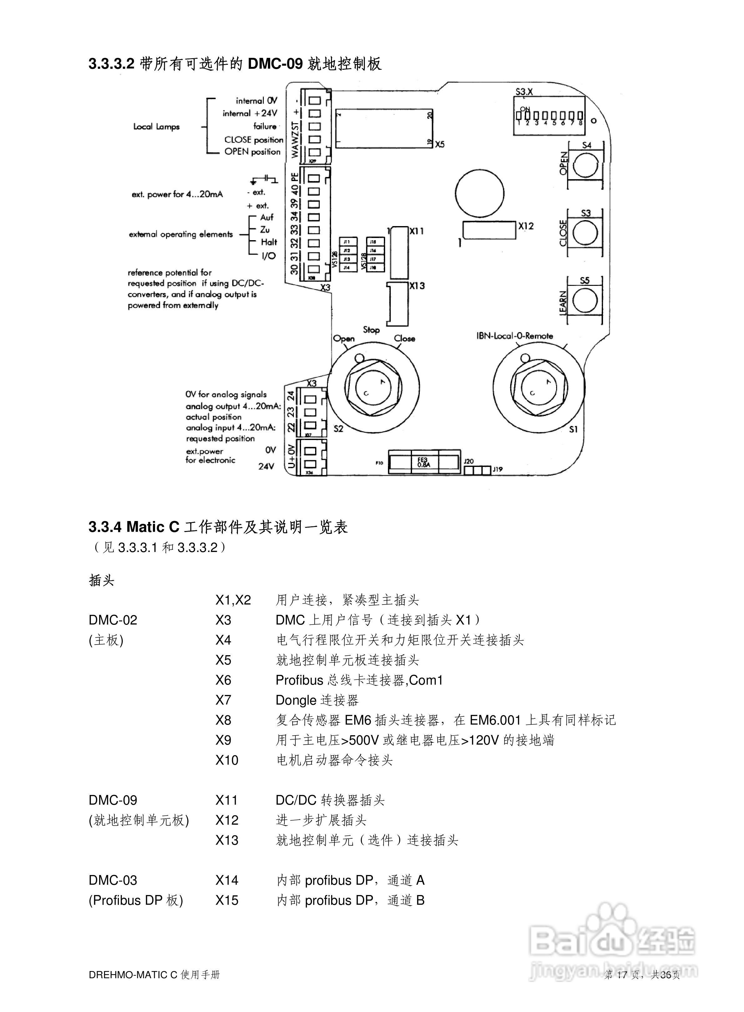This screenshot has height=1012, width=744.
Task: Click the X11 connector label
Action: tap(417, 231)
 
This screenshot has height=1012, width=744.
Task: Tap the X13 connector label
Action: tap(417, 286)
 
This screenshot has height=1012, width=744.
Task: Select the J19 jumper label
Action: tap(497, 469)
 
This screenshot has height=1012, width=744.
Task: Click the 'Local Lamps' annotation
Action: tap(156, 127)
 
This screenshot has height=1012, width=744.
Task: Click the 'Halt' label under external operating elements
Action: tap(269, 242)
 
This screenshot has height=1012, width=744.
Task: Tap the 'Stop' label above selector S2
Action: tap(371, 330)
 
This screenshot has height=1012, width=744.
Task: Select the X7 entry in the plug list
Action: tap(224, 700)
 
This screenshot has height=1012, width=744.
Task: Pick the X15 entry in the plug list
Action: tap(227, 900)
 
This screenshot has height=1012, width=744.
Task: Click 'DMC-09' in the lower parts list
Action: tap(113, 800)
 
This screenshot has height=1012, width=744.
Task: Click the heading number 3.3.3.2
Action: tap(112, 64)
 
